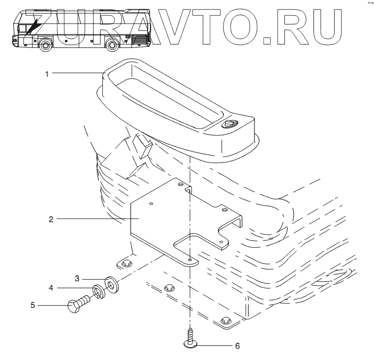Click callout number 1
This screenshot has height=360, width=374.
[47, 73]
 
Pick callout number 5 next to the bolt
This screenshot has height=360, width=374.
[33, 305]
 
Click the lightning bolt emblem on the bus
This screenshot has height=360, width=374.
[33, 25]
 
